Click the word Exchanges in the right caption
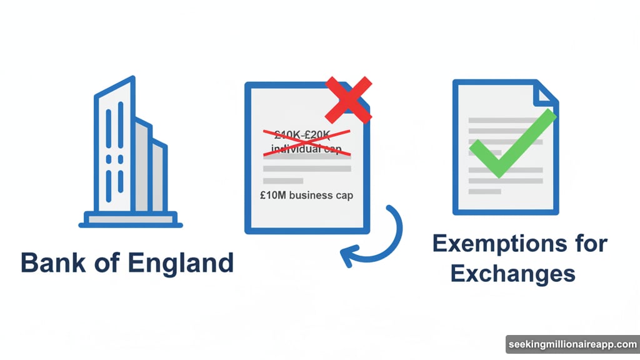click(512, 273)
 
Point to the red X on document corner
click(349, 99)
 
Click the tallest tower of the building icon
click(114, 147)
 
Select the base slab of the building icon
click(131, 219)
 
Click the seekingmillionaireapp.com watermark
click(571, 345)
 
